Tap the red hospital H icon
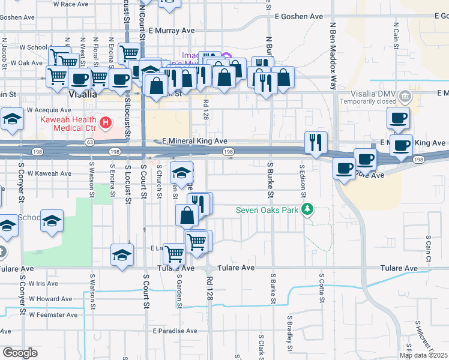[106, 124]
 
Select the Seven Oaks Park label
[268, 209]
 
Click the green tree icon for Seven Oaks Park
[308, 209]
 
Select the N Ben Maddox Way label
[332, 54]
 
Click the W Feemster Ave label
[53, 314]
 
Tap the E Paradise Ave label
[175, 331]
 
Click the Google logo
[20, 353]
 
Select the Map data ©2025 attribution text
[423, 355]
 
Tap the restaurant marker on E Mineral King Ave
[316, 143]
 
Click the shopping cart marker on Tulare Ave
[174, 254]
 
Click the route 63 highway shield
[89, 142]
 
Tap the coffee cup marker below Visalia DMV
[398, 118]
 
